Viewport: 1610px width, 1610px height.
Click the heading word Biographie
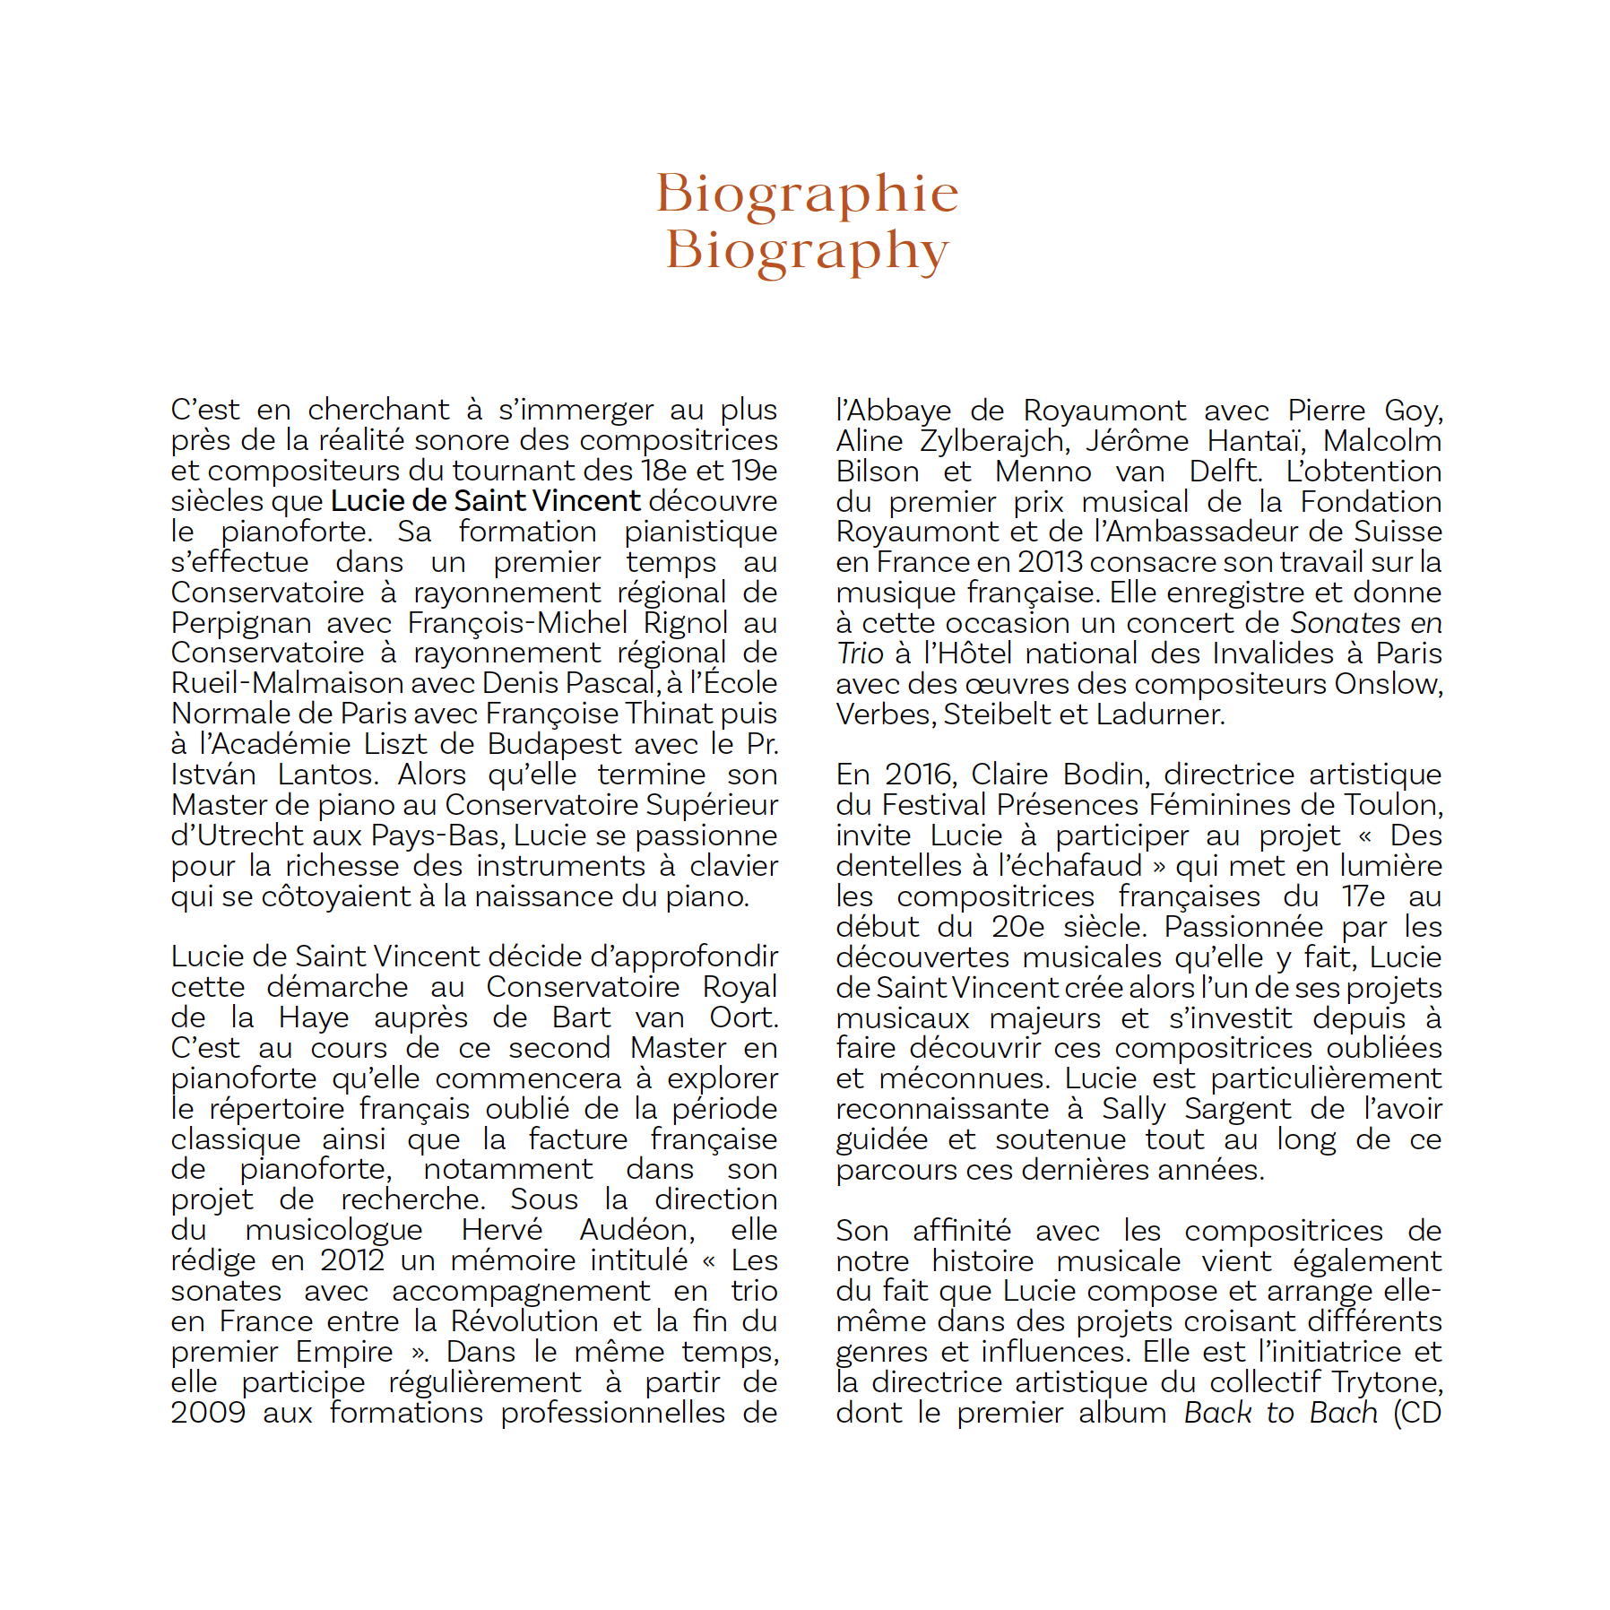tap(807, 194)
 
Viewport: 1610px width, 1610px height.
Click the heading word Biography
tap(807, 250)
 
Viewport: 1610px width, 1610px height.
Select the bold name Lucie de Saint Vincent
tap(486, 501)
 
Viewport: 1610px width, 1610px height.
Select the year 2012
tap(351, 1260)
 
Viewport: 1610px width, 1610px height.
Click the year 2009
tap(208, 1413)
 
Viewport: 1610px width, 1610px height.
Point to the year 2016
tap(917, 775)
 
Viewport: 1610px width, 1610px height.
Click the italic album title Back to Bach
tap(1280, 1413)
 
